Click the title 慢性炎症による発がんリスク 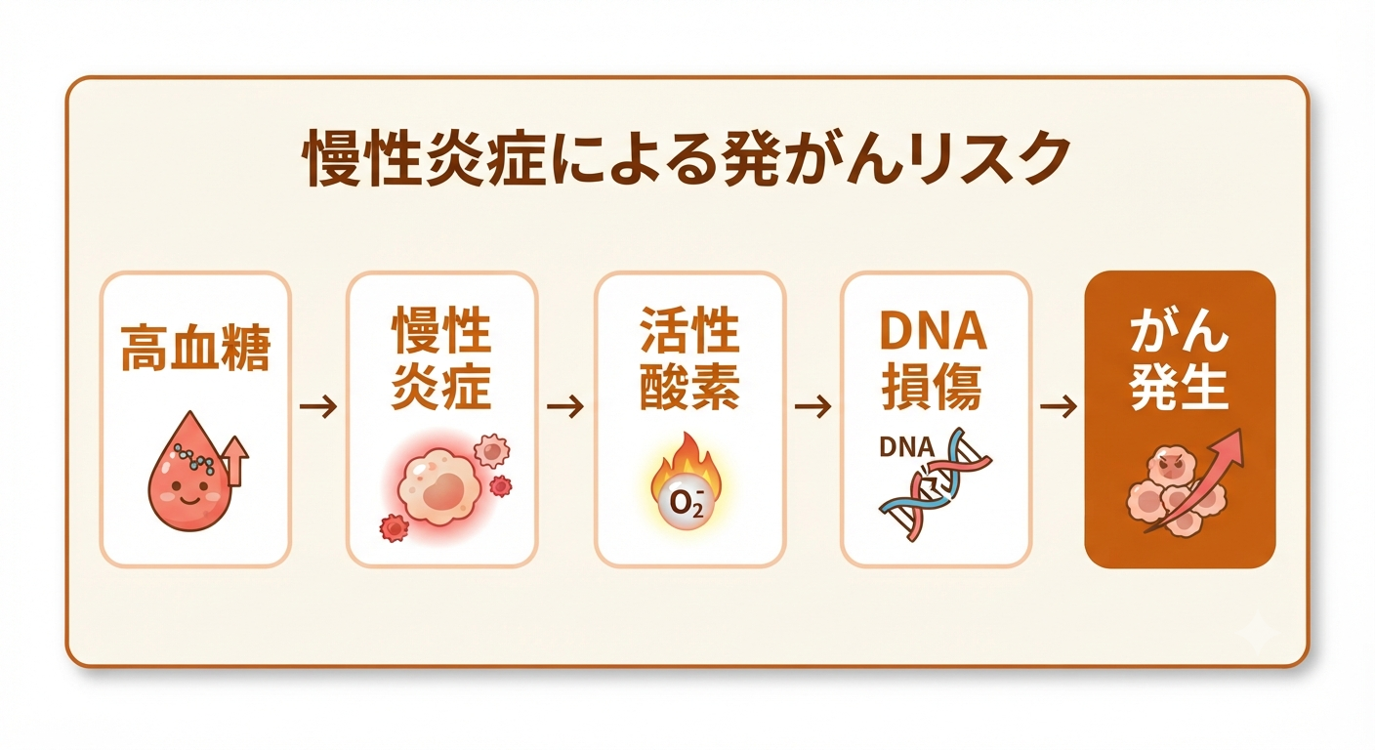pos(687,158)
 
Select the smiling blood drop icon pos(189,472)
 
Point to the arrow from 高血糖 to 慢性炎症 pos(318,406)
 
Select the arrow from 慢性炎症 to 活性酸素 pos(564,406)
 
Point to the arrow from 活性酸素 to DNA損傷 pos(812,406)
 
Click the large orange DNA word pos(933,331)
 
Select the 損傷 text pos(933,388)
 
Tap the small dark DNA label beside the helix pos(906,447)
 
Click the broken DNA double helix pos(935,484)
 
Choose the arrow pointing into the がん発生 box pos(1059,406)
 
